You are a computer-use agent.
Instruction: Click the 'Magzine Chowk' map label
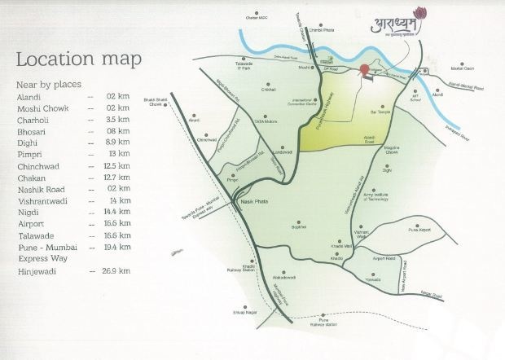point(397,150)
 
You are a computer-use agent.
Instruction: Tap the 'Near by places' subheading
point(48,83)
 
